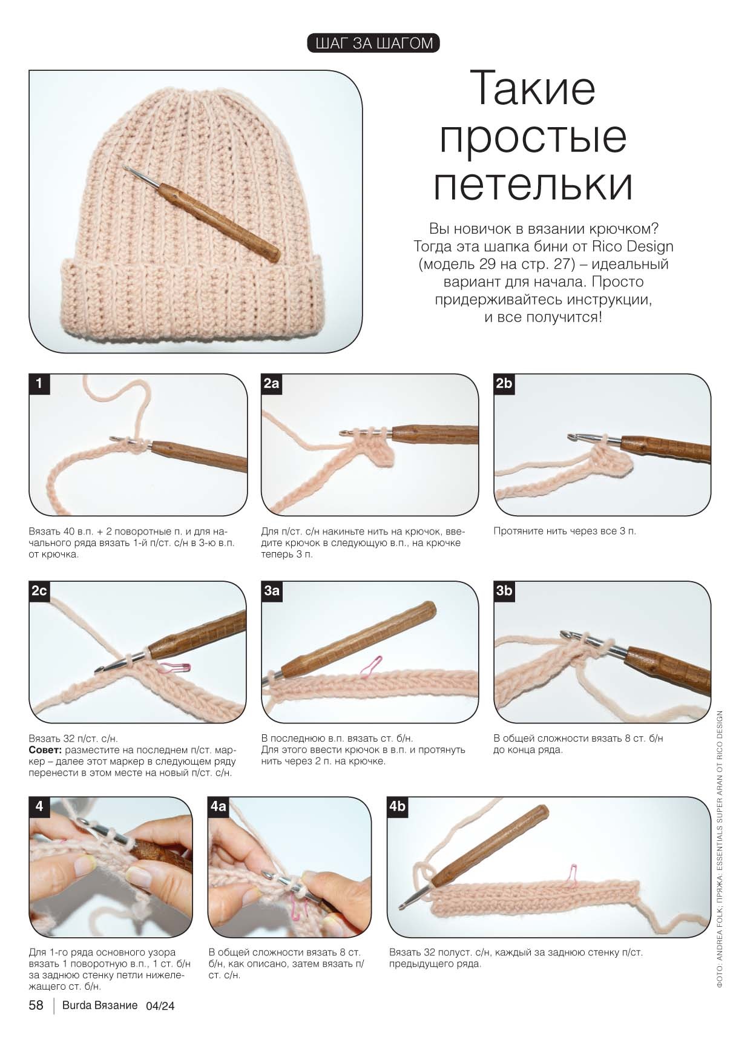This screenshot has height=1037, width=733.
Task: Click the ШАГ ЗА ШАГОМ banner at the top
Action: coord(373,43)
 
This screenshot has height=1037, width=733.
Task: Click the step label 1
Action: coord(39,383)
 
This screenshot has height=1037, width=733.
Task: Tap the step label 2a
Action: coord(272,383)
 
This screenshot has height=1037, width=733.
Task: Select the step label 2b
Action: coord(504,383)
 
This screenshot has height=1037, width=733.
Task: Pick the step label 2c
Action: coord(39,591)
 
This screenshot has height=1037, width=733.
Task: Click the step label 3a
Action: coord(272,591)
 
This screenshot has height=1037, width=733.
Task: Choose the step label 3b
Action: coord(504,591)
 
